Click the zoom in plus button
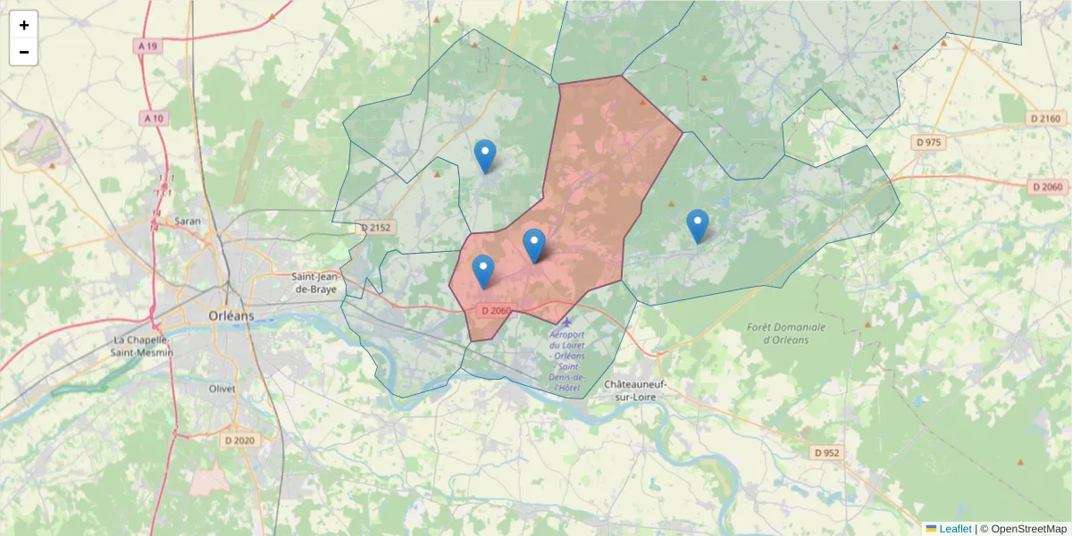click(x=24, y=25)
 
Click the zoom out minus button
click(x=24, y=52)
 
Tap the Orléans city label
click(x=230, y=315)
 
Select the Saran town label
click(x=188, y=221)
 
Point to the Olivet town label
click(x=222, y=389)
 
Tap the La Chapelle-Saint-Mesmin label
click(x=144, y=346)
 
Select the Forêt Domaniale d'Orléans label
click(x=786, y=333)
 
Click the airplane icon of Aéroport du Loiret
click(x=566, y=322)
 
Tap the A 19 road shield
click(x=149, y=45)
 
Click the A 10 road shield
click(x=153, y=118)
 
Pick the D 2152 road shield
click(x=375, y=228)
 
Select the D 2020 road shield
click(x=239, y=440)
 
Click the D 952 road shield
click(x=827, y=453)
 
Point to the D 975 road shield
click(x=928, y=142)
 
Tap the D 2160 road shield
click(x=1044, y=119)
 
